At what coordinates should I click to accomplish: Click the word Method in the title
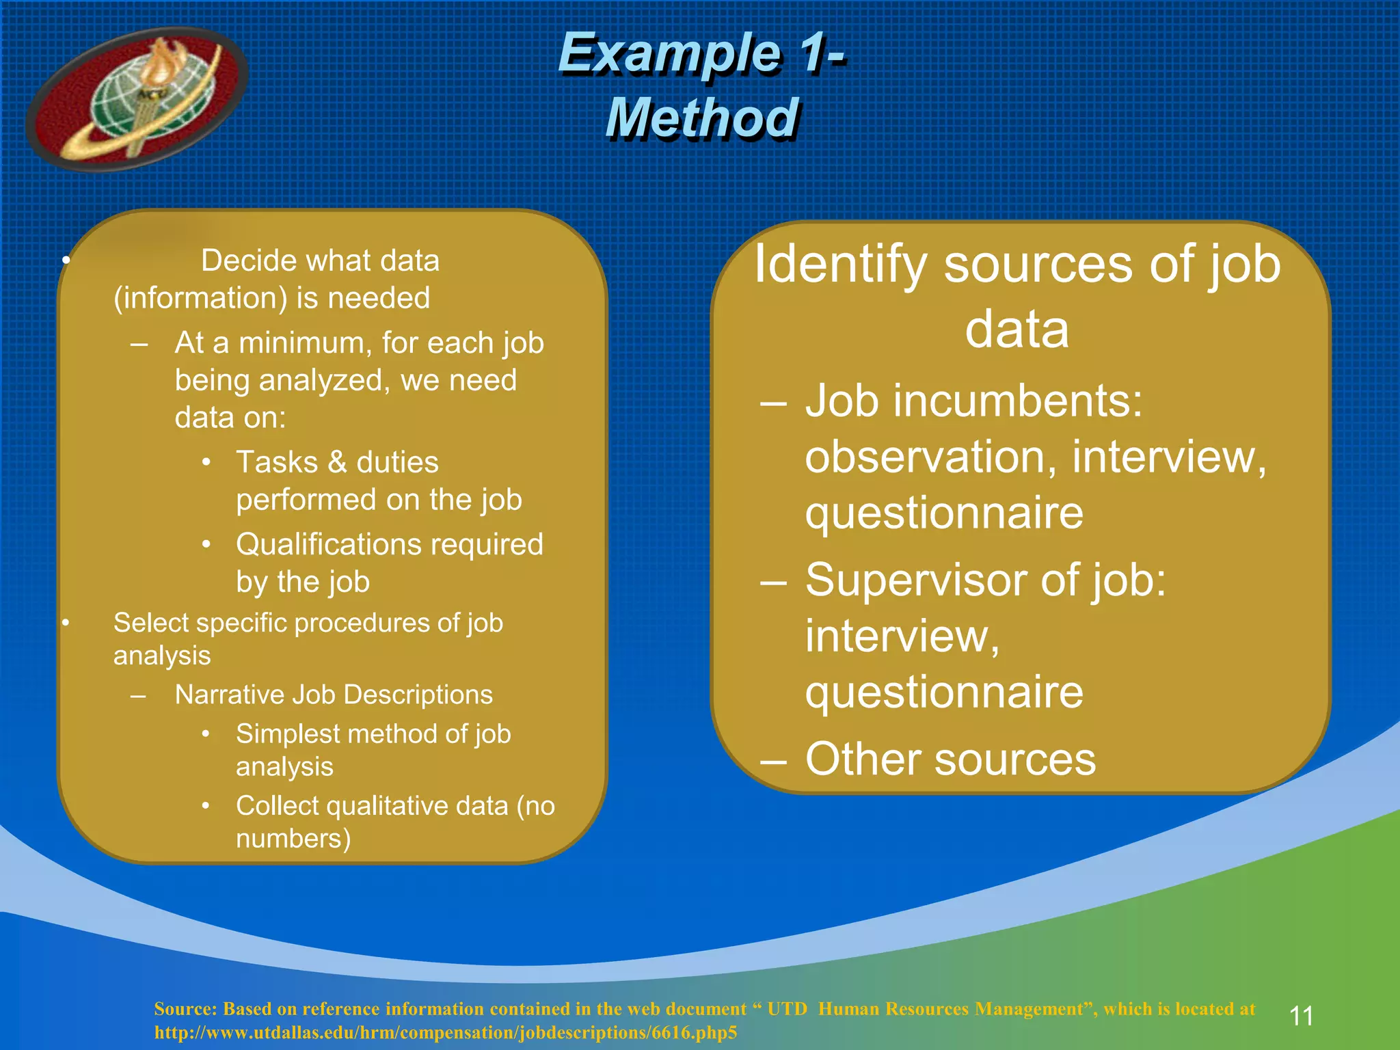point(702,118)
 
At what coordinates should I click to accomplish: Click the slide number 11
point(1301,1016)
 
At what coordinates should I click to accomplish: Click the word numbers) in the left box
point(293,839)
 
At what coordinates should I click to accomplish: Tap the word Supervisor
point(917,580)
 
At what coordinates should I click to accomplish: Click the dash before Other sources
point(773,760)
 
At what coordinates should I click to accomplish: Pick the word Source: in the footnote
point(185,1009)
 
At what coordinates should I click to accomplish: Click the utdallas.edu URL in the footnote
point(445,1032)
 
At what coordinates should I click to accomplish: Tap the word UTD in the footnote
point(787,1009)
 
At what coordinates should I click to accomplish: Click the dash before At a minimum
point(139,344)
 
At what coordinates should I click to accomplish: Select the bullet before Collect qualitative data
point(206,807)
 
